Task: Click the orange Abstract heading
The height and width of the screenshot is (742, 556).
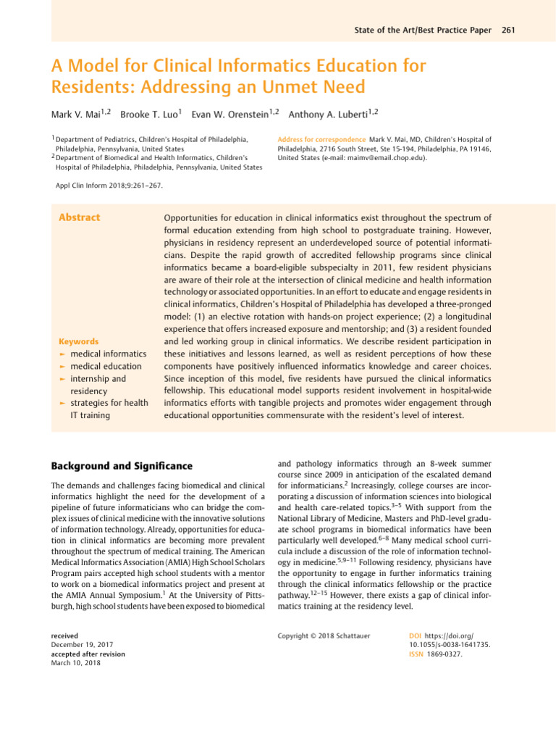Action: coord(79,217)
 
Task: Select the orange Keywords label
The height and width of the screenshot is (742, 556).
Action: coord(79,341)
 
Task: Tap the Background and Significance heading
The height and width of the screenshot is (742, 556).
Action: coord(121,465)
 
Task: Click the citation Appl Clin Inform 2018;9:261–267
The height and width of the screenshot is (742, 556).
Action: coord(109,185)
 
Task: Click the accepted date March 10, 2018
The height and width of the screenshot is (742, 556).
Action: coord(76,663)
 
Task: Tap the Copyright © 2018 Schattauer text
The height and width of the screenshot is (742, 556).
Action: coord(324,635)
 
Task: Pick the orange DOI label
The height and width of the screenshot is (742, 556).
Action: coord(416,635)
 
